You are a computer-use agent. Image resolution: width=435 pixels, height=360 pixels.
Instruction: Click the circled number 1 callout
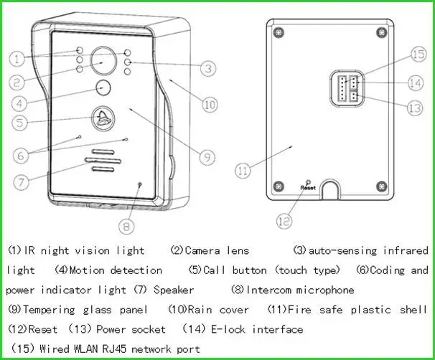[x=17, y=57]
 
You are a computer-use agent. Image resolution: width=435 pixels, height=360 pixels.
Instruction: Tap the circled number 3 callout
[x=207, y=69]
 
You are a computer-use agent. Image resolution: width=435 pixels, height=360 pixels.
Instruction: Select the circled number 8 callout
[x=126, y=224]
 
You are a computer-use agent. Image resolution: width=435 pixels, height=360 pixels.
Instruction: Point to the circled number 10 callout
[x=207, y=104]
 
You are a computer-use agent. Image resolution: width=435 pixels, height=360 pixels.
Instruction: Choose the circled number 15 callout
[x=419, y=55]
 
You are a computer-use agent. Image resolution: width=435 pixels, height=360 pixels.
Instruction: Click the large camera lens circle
[x=102, y=62]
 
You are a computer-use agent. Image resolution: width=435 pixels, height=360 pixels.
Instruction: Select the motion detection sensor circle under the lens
[x=105, y=89]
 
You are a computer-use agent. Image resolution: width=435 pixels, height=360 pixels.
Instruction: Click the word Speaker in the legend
[x=174, y=290]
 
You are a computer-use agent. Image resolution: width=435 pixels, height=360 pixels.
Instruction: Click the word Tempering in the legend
[x=52, y=310]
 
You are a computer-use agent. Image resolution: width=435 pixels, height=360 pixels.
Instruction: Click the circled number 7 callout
[x=22, y=181]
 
